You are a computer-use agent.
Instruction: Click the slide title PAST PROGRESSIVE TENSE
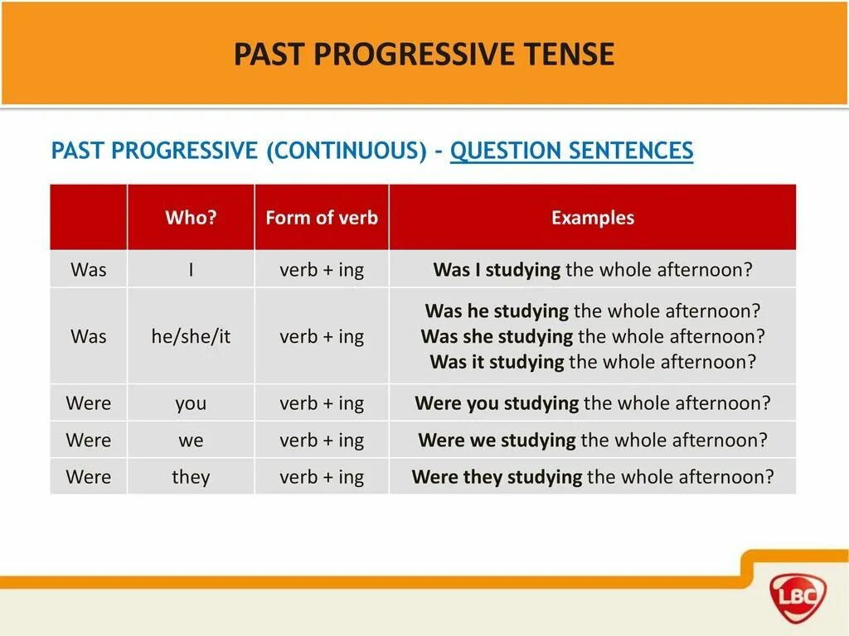click(x=424, y=55)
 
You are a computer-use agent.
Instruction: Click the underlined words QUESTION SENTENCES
click(x=571, y=151)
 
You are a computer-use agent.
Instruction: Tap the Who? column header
click(x=191, y=218)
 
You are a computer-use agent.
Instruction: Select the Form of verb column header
click(x=322, y=218)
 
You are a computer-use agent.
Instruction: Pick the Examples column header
click(x=592, y=218)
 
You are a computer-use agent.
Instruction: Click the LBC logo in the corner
click(x=798, y=593)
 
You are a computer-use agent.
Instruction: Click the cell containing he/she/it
click(x=191, y=336)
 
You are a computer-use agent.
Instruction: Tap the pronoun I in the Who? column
click(x=191, y=270)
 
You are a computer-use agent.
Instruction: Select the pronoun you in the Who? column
click(x=191, y=403)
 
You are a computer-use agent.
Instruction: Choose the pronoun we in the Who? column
click(x=191, y=440)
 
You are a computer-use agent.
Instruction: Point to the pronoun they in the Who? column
click(x=191, y=477)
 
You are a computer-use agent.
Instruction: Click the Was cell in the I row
click(x=89, y=270)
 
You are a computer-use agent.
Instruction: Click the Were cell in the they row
click(x=89, y=477)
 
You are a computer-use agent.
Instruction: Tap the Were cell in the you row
click(x=89, y=403)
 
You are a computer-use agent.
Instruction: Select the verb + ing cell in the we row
click(x=322, y=440)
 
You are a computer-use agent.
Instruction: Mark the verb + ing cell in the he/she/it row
click(x=322, y=336)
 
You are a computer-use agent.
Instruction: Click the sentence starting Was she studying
click(x=592, y=336)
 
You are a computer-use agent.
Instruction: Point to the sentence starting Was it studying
click(x=592, y=362)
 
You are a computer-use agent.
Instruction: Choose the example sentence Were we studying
click(x=592, y=440)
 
